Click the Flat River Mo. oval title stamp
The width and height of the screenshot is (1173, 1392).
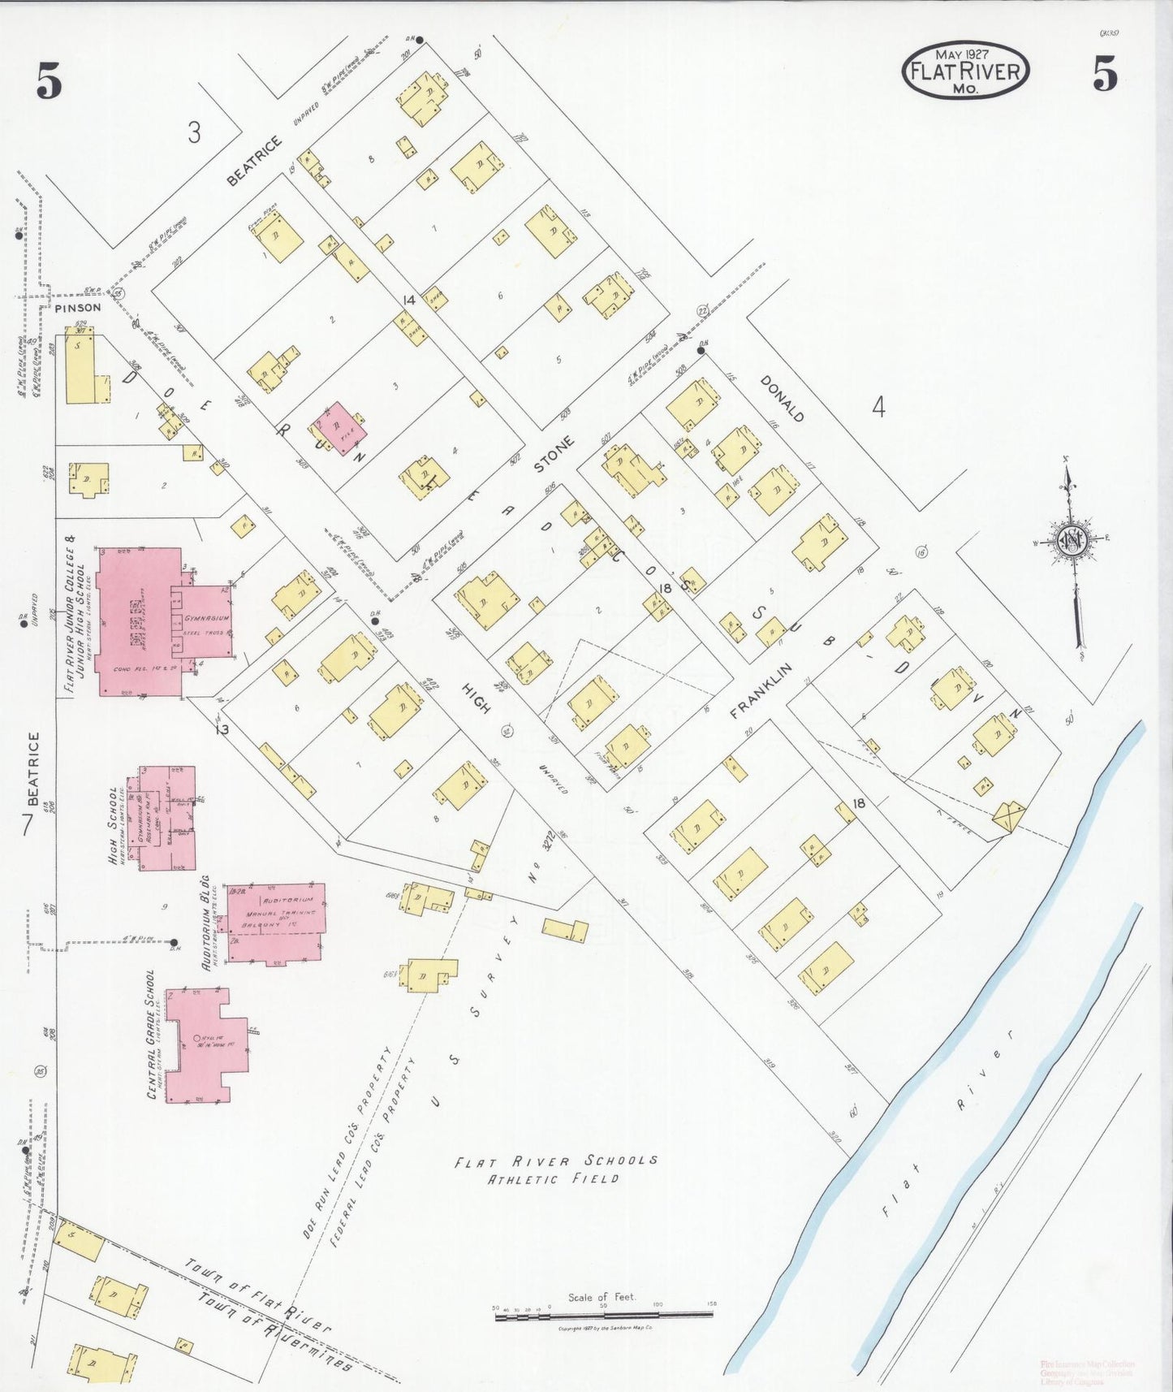point(965,71)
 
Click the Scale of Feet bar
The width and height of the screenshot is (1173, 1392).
point(604,1313)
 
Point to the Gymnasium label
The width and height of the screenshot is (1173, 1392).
point(206,618)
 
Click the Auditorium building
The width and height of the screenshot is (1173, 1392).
point(274,922)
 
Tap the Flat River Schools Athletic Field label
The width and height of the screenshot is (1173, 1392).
point(555,1170)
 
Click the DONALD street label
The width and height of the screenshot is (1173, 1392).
point(782,399)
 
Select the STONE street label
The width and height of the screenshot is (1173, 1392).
point(554,456)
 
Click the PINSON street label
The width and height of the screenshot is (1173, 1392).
point(78,308)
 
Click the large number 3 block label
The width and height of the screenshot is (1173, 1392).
point(193,132)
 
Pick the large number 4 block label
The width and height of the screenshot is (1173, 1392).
point(878,406)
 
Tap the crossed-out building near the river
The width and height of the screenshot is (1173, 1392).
point(1008,816)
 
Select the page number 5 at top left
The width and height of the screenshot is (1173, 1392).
point(49,81)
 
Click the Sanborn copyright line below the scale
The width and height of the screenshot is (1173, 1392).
point(604,1329)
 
